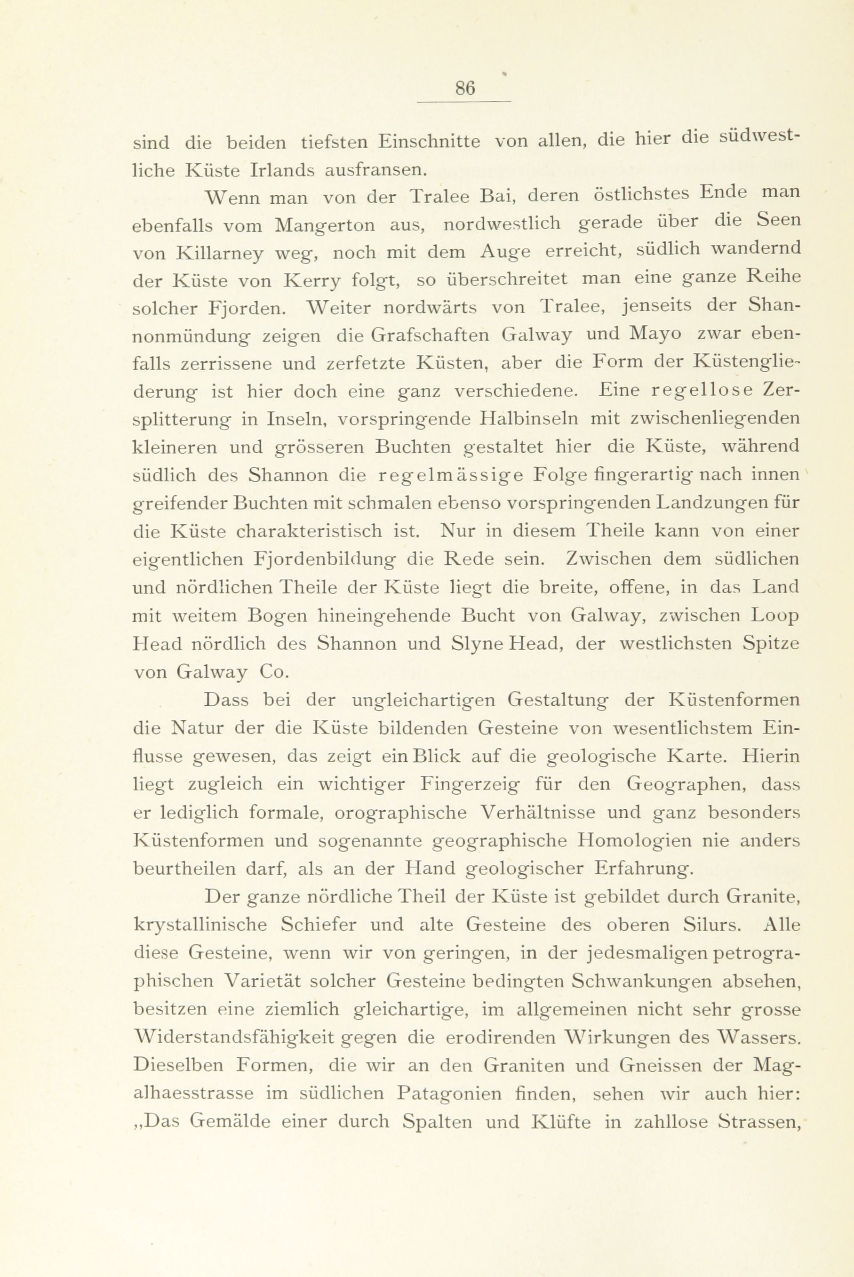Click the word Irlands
282,170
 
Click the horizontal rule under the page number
464,102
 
